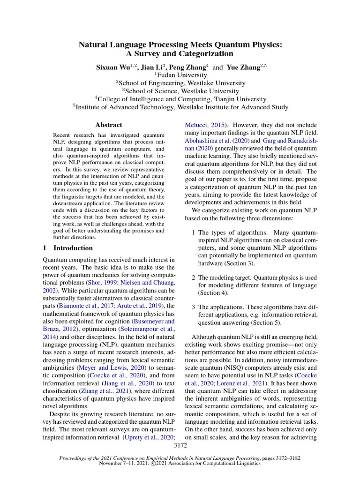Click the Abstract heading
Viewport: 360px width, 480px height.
108,125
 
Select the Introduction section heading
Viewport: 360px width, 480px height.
68,248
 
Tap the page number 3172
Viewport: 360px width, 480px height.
180,445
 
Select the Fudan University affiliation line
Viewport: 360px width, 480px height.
180,75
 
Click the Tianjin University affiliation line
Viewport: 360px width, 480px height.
180,99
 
